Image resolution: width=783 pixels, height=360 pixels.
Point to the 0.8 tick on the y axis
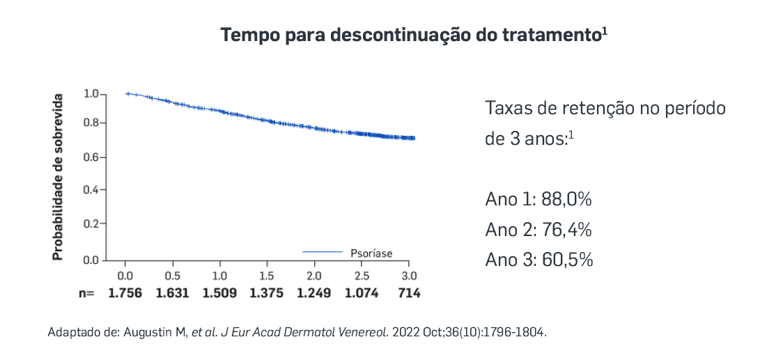coord(93,123)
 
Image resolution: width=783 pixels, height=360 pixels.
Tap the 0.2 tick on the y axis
coord(93,224)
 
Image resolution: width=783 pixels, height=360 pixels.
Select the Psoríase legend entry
coord(371,253)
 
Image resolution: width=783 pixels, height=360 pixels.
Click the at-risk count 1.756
coord(125,293)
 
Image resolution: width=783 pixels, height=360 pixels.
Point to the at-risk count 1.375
coord(267,293)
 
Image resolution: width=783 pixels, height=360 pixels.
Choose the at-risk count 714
coord(409,293)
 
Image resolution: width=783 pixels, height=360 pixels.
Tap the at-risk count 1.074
coord(362,293)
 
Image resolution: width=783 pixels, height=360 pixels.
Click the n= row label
coord(86,293)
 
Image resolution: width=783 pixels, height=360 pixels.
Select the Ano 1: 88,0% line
coord(538,199)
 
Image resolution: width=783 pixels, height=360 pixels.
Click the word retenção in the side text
coord(588,109)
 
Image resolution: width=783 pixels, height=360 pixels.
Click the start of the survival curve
coord(127,93)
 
